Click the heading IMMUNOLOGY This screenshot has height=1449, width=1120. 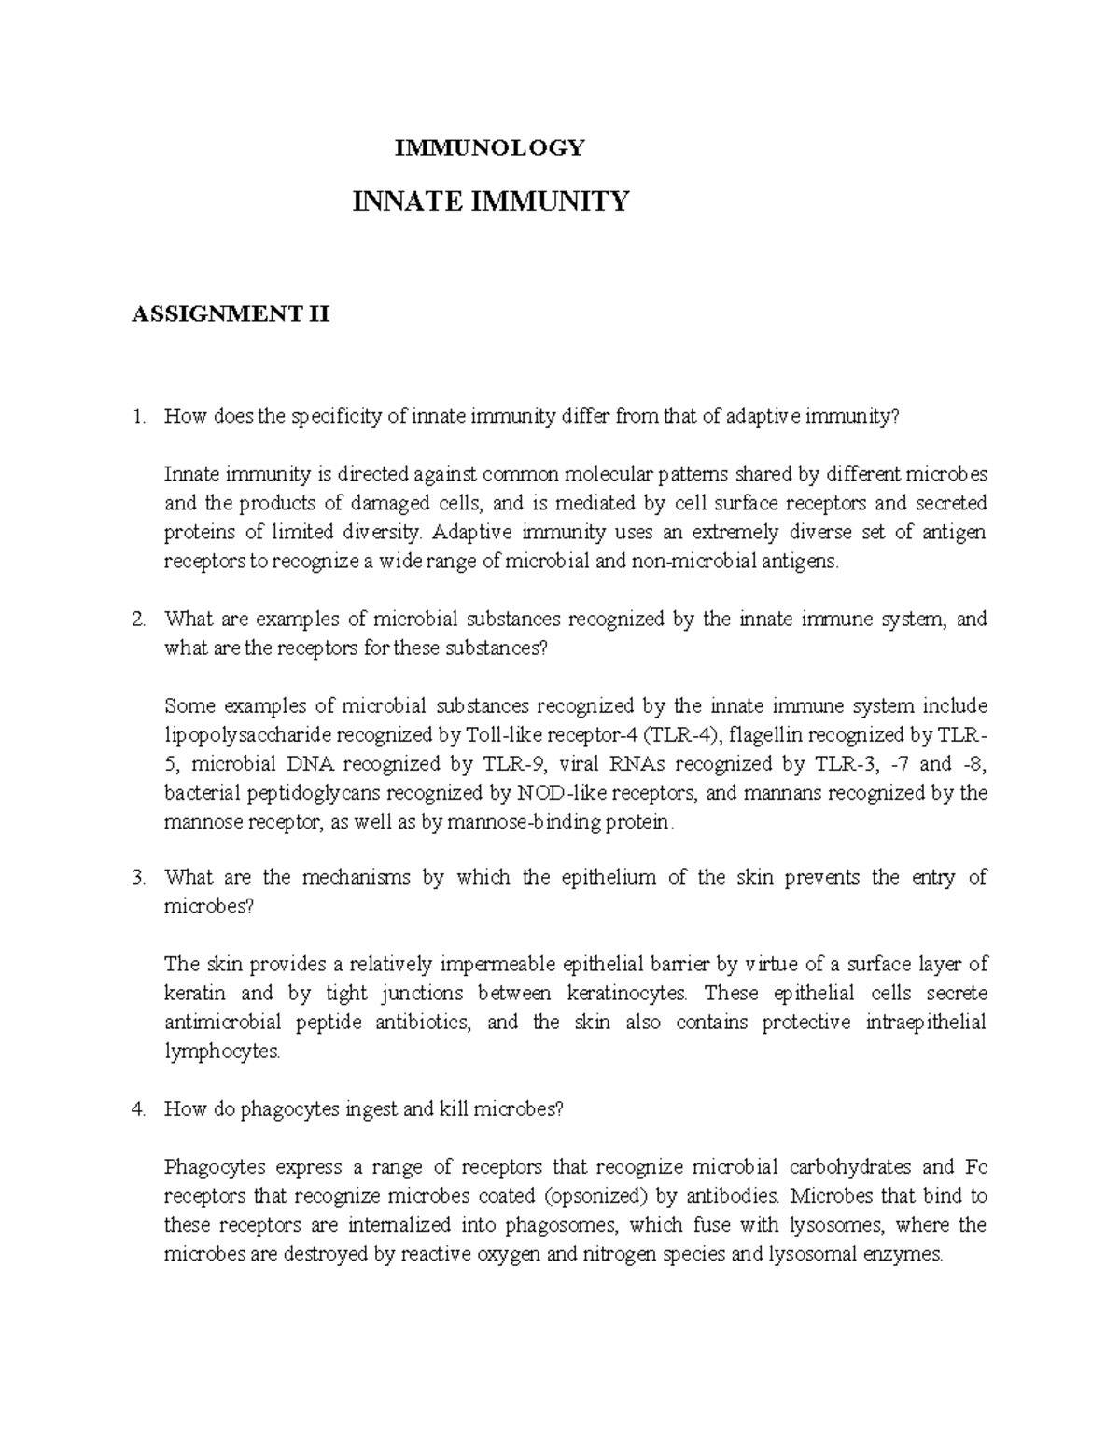click(490, 147)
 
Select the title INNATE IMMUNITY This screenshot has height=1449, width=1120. click(490, 201)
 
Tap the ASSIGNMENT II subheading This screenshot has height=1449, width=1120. click(231, 314)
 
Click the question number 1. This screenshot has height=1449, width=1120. click(138, 417)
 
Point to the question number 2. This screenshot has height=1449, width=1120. click(138, 620)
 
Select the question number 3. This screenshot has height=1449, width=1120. click(138, 877)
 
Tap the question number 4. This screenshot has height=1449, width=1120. click(138, 1109)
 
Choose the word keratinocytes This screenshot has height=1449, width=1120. click(624, 993)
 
